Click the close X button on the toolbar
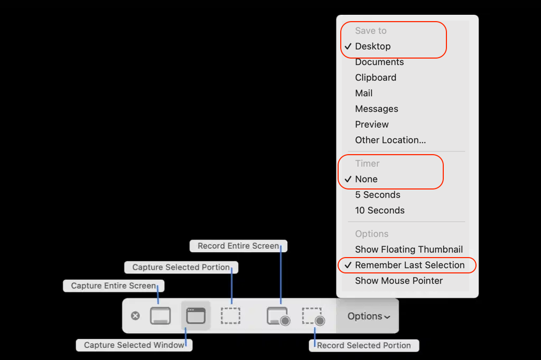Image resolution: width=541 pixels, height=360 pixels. [135, 316]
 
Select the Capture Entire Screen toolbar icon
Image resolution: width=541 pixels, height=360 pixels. [160, 316]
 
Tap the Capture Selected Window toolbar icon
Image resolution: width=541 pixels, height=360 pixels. [195, 316]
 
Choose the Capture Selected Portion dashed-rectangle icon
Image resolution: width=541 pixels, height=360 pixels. [230, 316]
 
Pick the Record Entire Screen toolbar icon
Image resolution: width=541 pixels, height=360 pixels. [278, 316]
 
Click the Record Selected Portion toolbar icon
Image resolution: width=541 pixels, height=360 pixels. [313, 316]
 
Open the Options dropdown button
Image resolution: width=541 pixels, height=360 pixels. [368, 316]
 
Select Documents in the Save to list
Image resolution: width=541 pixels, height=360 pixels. [379, 62]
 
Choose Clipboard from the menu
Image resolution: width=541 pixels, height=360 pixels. [376, 78]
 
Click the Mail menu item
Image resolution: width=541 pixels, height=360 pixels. [364, 93]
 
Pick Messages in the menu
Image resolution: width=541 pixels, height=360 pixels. [377, 109]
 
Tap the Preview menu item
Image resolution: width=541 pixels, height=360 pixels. [372, 125]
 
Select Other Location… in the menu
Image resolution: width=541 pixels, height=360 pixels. [390, 140]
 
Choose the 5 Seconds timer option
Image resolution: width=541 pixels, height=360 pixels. [378, 195]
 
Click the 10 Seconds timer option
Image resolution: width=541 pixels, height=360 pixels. [380, 210]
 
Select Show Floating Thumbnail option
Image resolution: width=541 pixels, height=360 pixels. [409, 249]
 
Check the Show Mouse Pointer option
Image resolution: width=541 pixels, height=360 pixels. [399, 281]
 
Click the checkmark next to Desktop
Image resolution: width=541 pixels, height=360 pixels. [348, 46]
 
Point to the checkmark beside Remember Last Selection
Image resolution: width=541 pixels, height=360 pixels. [348, 265]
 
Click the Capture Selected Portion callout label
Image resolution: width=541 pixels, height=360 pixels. [181, 268]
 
